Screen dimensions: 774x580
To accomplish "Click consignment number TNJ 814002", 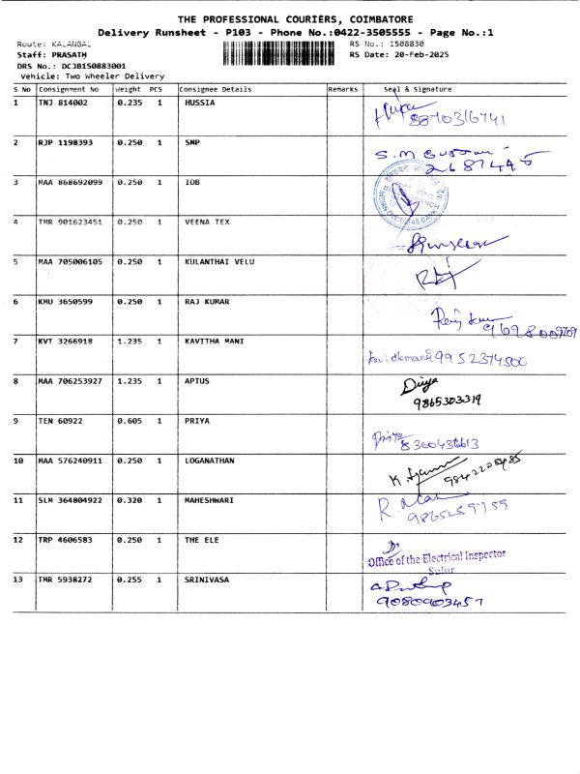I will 63,102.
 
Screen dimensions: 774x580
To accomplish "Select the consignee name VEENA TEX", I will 207,222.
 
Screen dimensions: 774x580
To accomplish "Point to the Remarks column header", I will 343,89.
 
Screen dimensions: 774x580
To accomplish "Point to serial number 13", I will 19,580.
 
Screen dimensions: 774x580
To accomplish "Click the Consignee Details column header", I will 217,89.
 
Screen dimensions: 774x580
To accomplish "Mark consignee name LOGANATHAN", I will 209,461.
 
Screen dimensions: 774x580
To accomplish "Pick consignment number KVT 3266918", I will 66,342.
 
